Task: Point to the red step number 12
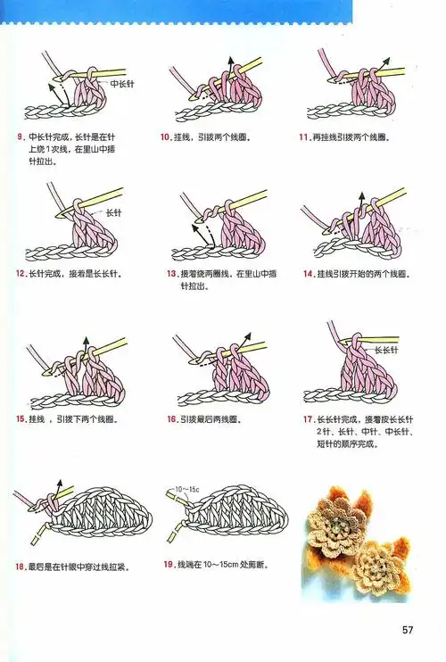[21, 273]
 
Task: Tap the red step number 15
[21, 418]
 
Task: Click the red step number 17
[309, 418]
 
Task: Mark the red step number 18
[21, 566]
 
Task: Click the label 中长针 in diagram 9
[121, 83]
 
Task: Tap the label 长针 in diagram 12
[114, 213]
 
